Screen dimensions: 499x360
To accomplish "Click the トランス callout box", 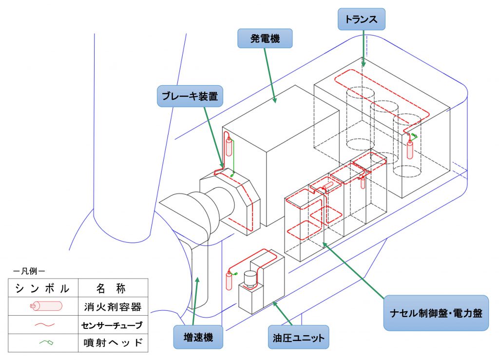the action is (x=361, y=19).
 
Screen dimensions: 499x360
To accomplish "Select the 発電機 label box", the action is (x=265, y=38).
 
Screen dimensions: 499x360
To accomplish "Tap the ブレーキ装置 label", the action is (x=190, y=96).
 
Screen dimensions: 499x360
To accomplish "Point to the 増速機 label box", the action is (x=198, y=337).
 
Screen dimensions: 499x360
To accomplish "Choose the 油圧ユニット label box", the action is (x=299, y=337).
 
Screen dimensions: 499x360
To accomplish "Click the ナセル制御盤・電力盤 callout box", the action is (x=436, y=313).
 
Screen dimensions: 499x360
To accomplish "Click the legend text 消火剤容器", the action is (x=113, y=306).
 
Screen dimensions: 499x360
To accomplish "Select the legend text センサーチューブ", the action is (x=112, y=325).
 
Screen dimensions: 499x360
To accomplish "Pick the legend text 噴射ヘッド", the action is (x=113, y=342).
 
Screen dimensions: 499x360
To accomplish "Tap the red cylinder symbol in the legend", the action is (x=46, y=306).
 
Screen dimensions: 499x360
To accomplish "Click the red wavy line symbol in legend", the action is (x=44, y=325).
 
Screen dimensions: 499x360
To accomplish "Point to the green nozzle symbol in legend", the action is (x=46, y=342).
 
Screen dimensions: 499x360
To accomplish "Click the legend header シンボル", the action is (x=42, y=288).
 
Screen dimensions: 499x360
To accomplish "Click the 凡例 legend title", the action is (x=29, y=271).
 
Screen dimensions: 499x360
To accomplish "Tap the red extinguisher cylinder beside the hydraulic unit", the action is (x=229, y=280).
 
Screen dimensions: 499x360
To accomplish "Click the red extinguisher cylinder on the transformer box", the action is (x=410, y=149).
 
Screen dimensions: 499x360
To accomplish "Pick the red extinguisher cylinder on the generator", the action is (x=229, y=146).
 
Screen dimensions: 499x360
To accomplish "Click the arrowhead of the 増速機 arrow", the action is (x=197, y=279).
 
